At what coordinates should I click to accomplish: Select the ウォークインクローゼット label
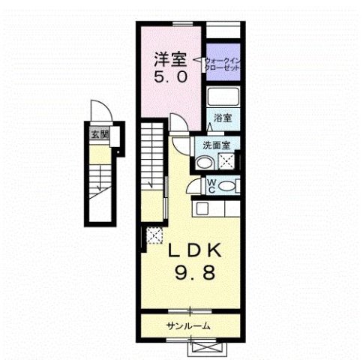tap(223, 60)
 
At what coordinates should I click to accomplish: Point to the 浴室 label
tap(221, 118)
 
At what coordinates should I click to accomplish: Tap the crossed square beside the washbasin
tap(226, 160)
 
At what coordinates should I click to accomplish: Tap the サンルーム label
tap(188, 325)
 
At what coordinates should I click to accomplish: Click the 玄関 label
tap(100, 135)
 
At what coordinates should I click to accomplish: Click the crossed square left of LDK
tap(154, 235)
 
